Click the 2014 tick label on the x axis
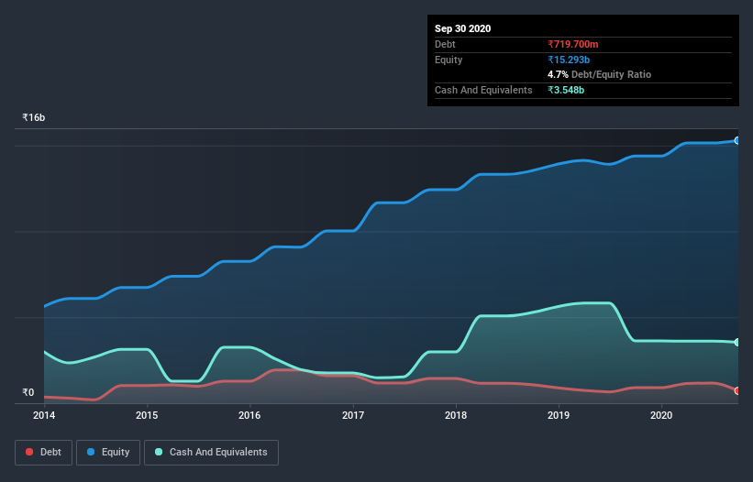click(x=43, y=415)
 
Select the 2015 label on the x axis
click(x=147, y=415)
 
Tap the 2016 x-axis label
click(x=249, y=415)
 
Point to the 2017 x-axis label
click(x=353, y=415)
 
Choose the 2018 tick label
click(x=456, y=415)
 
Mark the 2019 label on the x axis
click(x=559, y=415)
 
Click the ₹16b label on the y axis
click(x=34, y=118)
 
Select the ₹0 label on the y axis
click(x=28, y=393)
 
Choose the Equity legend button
click(x=108, y=452)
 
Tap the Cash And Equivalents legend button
click(x=211, y=452)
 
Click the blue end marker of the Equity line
click(x=736, y=140)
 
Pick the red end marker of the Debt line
click(x=736, y=391)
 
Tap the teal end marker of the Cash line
click(x=736, y=342)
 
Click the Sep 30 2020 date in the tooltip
click(x=463, y=28)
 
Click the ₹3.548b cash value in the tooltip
click(x=566, y=90)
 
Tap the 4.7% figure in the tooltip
click(x=557, y=74)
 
